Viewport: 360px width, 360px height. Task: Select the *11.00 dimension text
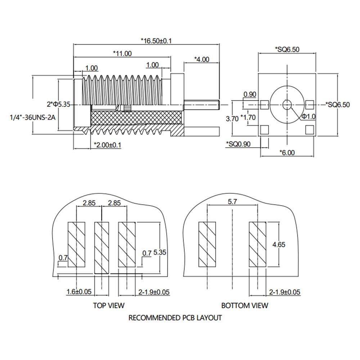coord(122,54)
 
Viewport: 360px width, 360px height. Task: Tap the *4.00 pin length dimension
coord(201,59)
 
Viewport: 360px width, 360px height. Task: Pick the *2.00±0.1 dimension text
coord(107,145)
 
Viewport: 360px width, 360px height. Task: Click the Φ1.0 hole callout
coord(309,116)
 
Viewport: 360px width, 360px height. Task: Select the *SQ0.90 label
coord(238,144)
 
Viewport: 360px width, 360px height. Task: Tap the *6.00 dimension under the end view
coord(287,152)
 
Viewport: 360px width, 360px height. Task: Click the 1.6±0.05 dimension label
coord(79,292)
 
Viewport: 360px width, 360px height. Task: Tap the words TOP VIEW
coord(109,306)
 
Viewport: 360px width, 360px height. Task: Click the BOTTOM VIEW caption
coord(244,306)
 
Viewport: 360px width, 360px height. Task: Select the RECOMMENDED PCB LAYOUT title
coord(175,318)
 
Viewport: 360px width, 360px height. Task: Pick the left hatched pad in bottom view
coord(207,244)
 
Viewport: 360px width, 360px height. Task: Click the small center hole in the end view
coord(287,105)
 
